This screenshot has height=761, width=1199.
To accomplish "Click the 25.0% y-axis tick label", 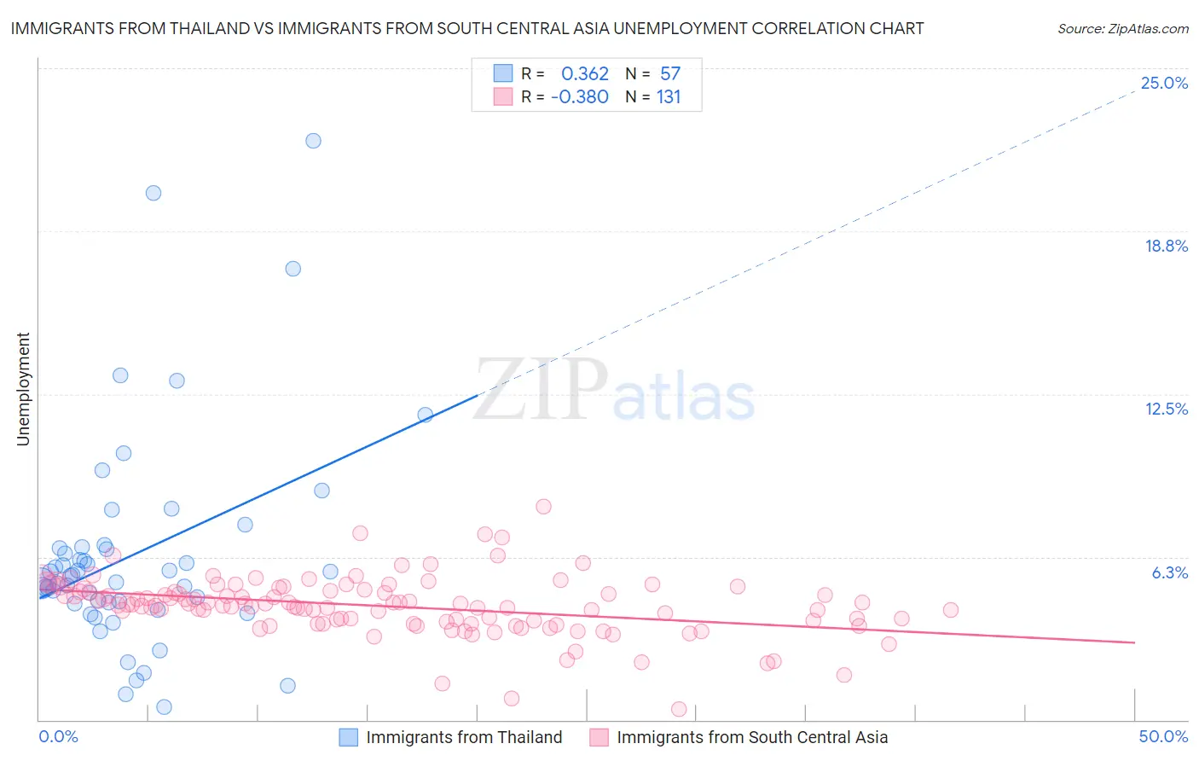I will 1164,83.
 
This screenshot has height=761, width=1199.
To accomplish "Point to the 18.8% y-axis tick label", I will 1166,246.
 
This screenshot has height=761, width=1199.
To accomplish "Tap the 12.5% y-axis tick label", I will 1166,409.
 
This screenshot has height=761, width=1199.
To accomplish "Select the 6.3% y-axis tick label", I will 1169,572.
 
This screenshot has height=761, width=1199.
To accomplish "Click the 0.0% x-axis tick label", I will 58,736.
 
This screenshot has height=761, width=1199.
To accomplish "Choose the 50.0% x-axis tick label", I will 1163,736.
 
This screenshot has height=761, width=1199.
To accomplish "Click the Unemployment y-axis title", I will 23,389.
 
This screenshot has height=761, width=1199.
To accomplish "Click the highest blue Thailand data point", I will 313,141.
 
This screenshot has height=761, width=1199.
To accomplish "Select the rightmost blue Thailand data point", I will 425,415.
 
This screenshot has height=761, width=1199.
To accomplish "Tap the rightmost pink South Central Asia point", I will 951,610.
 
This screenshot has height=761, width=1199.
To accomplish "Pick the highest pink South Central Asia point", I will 543,507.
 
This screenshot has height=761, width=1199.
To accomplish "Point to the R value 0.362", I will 584,74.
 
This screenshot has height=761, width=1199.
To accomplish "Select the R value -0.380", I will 579,97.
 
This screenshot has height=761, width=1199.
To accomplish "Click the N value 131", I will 669,97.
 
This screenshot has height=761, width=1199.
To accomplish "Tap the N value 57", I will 669,74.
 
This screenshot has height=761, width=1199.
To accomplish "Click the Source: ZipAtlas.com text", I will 1122,29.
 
